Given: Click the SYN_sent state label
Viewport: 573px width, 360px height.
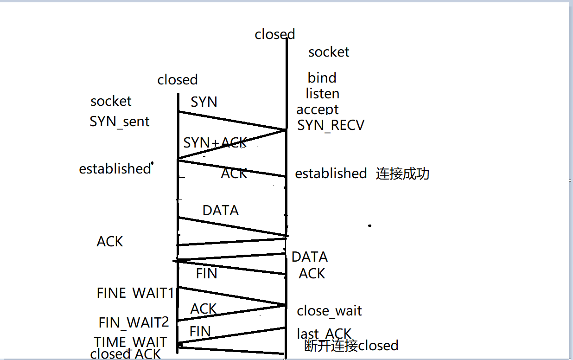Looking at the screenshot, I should tap(120, 122).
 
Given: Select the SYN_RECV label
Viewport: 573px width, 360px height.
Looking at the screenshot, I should tap(331, 125).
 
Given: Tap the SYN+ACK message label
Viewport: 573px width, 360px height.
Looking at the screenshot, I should tap(215, 143).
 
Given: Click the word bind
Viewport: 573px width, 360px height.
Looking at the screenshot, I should tap(322, 78).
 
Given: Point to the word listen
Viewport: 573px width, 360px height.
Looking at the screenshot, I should tap(322, 94).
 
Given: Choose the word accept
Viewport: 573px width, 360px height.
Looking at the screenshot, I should tap(318, 109).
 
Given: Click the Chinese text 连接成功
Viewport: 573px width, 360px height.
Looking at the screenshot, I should tap(402, 174).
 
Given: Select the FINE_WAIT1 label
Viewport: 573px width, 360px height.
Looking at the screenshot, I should tap(135, 293).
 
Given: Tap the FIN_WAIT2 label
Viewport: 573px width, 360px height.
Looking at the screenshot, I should tap(134, 322).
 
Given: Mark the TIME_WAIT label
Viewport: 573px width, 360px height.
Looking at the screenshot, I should tap(130, 342).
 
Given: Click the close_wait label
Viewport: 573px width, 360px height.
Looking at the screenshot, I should tap(329, 311).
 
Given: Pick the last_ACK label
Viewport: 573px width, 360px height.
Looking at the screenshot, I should tap(324, 334).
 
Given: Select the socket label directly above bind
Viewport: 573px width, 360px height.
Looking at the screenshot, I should tap(329, 52).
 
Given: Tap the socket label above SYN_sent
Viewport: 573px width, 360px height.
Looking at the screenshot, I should tap(111, 101).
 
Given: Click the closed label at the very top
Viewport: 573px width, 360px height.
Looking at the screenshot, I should tap(274, 34).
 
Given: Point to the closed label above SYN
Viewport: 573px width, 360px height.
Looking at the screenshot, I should tap(177, 80).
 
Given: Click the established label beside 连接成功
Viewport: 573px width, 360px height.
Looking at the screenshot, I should tap(331, 174).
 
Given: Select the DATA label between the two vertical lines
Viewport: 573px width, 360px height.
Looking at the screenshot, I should tap(220, 211).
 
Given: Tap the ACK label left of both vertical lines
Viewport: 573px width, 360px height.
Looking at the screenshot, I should tap(110, 242).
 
